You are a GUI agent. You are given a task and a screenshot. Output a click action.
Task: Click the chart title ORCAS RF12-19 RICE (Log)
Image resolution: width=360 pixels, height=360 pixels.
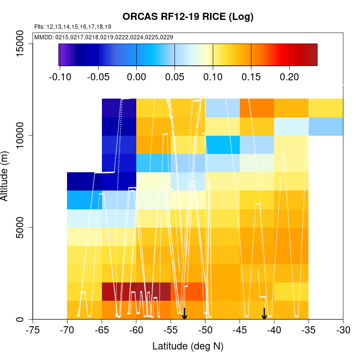click(188, 17)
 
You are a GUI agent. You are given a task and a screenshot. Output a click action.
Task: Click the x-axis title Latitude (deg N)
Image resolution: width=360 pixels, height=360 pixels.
click(188, 346)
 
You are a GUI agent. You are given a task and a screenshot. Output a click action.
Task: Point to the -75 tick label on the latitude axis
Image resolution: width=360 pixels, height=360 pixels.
click(33, 331)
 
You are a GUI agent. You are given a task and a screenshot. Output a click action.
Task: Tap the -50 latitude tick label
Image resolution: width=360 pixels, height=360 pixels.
click(205, 331)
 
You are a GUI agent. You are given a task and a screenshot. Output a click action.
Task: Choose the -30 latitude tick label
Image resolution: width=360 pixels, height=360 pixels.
click(343, 331)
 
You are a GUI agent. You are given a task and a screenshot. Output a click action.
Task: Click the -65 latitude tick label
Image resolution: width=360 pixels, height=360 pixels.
click(102, 331)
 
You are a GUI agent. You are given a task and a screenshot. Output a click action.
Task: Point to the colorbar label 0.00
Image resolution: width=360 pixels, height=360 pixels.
click(136, 77)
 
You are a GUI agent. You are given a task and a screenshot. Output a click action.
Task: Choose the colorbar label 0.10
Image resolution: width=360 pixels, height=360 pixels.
click(213, 77)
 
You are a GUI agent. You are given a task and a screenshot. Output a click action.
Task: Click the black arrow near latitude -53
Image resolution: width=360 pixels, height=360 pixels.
click(184, 313)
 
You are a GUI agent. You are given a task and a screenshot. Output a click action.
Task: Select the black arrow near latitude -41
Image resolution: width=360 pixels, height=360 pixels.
click(264, 313)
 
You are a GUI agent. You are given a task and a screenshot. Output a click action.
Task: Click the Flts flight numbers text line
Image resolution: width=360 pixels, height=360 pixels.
click(73, 27)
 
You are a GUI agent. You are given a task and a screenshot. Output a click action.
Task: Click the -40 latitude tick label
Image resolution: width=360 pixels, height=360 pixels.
click(274, 331)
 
